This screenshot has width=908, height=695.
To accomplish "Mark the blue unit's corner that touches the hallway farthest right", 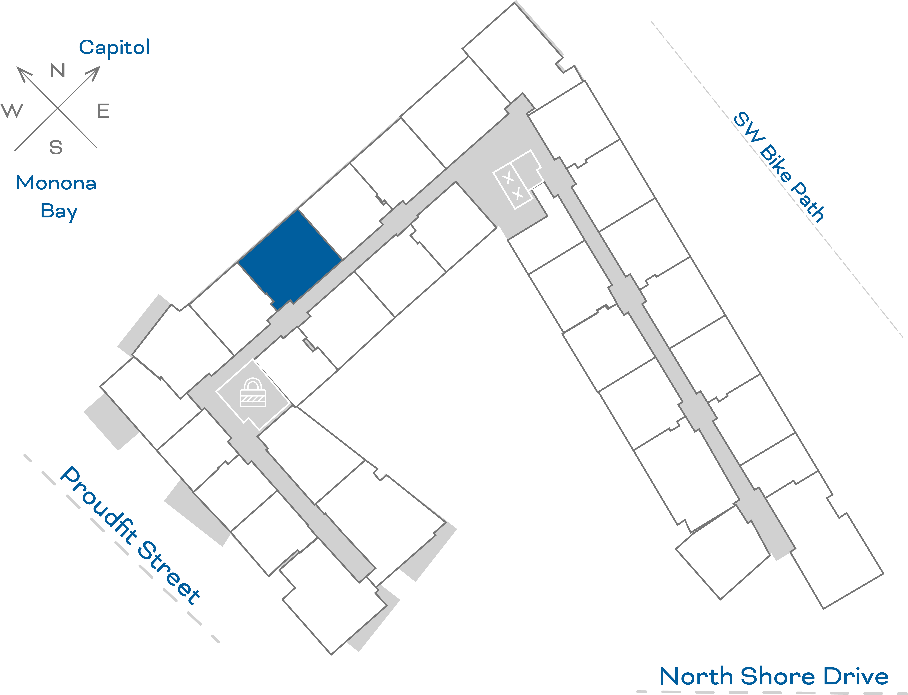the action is (x=342, y=260).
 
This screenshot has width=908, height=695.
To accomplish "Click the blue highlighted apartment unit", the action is (x=291, y=259).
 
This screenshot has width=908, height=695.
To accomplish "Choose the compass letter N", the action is (x=58, y=71).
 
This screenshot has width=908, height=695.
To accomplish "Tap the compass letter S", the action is (x=56, y=147).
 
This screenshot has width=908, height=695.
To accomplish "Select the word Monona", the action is (x=56, y=183).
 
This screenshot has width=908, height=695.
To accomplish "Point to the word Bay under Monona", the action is (x=59, y=212).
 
